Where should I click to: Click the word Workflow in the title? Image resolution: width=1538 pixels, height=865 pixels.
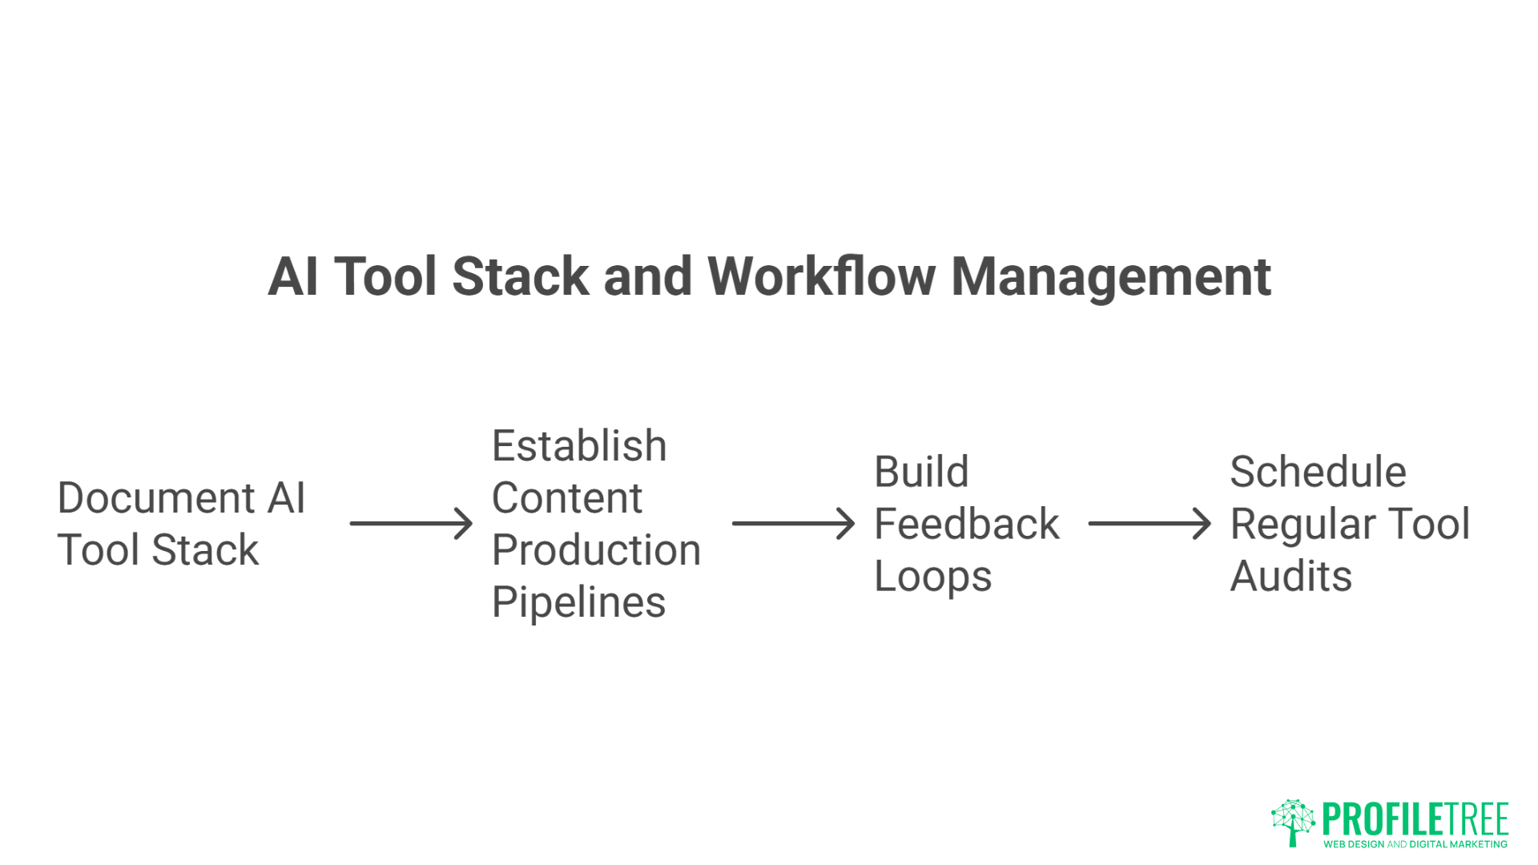click(x=821, y=276)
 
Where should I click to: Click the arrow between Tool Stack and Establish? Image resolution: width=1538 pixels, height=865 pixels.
click(x=411, y=524)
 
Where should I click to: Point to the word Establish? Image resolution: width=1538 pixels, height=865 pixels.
click(x=579, y=446)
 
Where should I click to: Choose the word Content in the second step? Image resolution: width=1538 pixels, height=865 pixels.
click(x=567, y=498)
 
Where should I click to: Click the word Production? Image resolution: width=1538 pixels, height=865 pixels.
click(x=596, y=550)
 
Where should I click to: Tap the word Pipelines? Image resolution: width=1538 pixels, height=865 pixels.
click(x=578, y=602)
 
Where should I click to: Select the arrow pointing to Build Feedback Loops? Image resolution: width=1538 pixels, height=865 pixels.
click(x=793, y=524)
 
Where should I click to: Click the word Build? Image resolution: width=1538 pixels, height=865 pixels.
click(x=921, y=472)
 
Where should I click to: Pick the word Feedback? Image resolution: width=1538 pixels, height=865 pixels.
click(x=967, y=524)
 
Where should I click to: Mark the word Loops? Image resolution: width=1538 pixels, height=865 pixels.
click(x=933, y=577)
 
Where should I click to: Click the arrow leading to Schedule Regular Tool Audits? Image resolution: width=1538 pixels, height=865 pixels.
click(x=1149, y=524)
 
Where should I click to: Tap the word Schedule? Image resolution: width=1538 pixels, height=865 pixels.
click(x=1318, y=472)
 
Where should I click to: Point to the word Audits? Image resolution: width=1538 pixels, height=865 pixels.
click(x=1291, y=577)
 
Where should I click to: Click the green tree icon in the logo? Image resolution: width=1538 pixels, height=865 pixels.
click(x=1292, y=822)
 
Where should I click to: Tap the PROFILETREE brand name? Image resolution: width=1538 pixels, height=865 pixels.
click(x=1415, y=819)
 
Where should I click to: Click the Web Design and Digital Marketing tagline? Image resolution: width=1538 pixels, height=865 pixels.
click(x=1415, y=844)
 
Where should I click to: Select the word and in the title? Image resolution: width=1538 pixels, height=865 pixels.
click(x=647, y=276)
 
